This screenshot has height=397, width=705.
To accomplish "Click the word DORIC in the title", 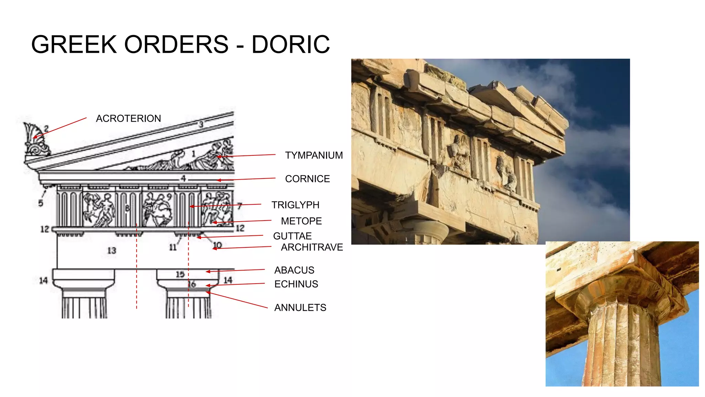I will click(x=291, y=44).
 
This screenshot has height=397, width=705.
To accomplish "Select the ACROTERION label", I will click(x=128, y=119).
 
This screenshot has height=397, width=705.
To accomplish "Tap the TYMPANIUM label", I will click(x=314, y=155).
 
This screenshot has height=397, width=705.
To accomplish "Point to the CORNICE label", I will click(x=307, y=179).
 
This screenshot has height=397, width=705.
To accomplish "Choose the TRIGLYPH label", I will click(x=295, y=205).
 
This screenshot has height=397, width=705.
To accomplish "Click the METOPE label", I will click(x=301, y=221).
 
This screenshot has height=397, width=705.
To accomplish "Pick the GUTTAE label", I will click(x=292, y=236).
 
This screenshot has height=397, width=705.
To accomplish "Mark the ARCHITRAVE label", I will click(x=312, y=247).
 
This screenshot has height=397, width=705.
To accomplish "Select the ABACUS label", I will click(x=294, y=270).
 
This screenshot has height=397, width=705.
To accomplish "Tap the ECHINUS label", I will click(x=296, y=284).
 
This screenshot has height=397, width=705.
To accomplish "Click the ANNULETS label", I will click(x=300, y=308).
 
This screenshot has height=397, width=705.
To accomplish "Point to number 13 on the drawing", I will click(x=112, y=251).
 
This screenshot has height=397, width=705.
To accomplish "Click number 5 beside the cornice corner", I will click(x=41, y=203).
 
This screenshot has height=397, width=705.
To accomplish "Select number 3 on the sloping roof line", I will click(x=201, y=124).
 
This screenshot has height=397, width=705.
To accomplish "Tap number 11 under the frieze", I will click(x=172, y=247).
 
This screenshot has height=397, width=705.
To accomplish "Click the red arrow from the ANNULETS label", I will click(x=238, y=300).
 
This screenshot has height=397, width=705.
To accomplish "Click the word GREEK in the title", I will click(x=74, y=44).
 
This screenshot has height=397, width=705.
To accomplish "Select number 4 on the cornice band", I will click(x=183, y=178).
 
